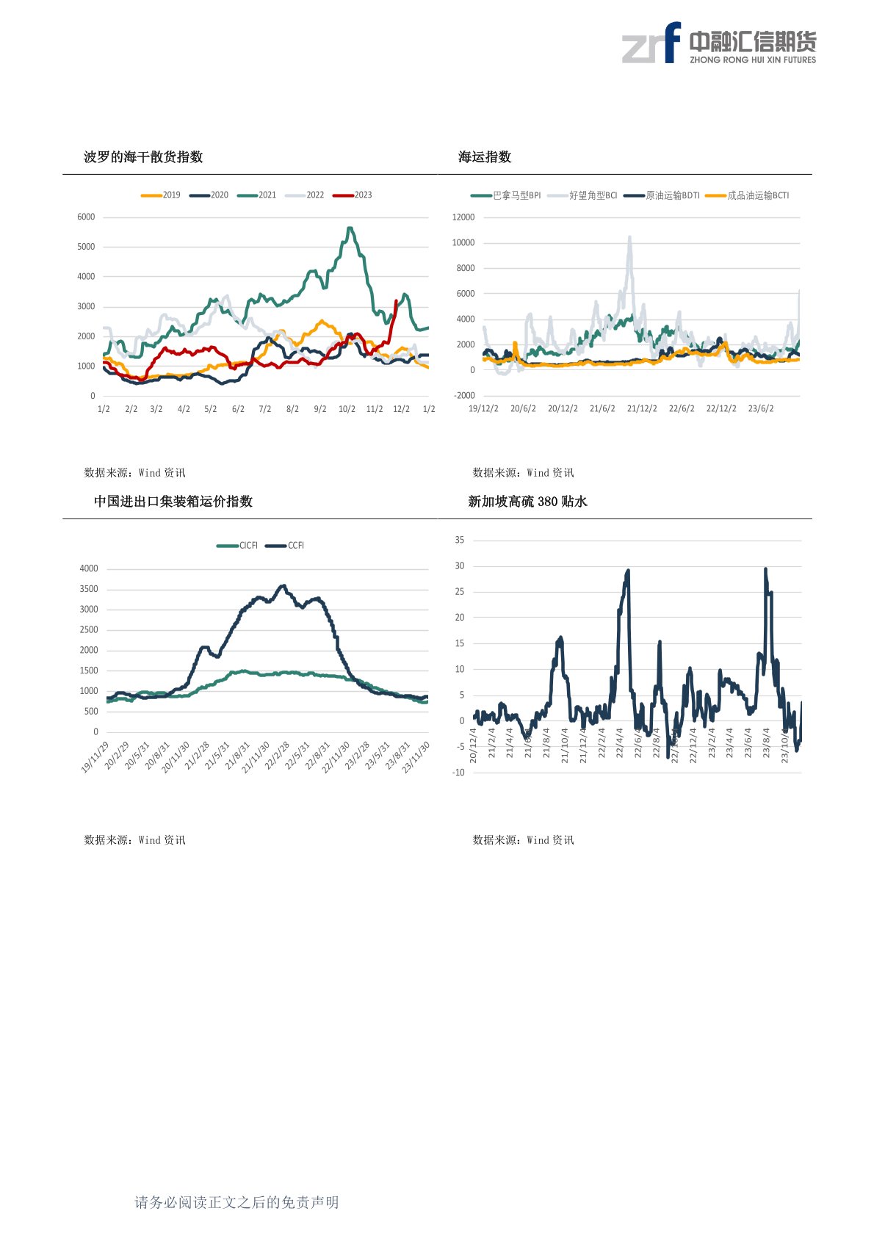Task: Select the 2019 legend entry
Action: (161, 195)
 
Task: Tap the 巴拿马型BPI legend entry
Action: (507, 195)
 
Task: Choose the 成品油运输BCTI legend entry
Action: (748, 195)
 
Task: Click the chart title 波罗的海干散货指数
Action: (143, 156)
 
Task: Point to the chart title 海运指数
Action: (485, 156)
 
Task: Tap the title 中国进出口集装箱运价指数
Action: (173, 502)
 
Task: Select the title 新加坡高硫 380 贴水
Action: (528, 502)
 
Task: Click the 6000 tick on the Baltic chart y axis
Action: (86, 217)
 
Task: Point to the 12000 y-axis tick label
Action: (463, 217)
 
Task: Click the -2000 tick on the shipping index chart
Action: (464, 396)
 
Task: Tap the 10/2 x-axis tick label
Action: (347, 409)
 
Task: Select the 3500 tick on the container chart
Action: (89, 589)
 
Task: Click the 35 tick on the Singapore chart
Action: (460, 540)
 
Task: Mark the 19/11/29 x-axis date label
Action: (95, 757)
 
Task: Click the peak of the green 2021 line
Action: (350, 228)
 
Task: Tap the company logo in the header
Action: (719, 43)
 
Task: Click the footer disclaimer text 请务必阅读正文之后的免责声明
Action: (236, 1202)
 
